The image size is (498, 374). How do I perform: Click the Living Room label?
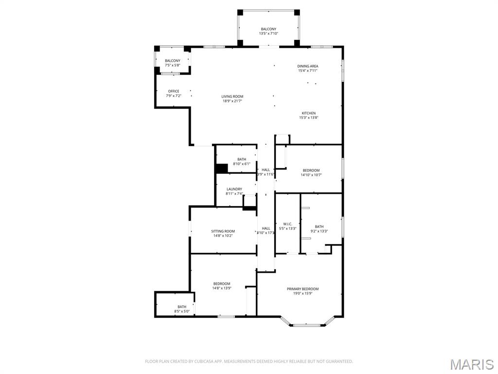pyautogui.click(x=232, y=96)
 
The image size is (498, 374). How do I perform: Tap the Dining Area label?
pyautogui.click(x=308, y=66)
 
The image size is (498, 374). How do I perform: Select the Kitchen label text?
pyautogui.click(x=308, y=113)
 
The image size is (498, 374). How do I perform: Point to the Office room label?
pyautogui.click(x=174, y=91)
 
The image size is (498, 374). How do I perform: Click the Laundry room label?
pyautogui.click(x=234, y=189)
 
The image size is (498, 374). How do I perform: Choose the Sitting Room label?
pyautogui.click(x=223, y=231)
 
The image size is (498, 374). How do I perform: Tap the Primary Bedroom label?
pyautogui.click(x=302, y=289)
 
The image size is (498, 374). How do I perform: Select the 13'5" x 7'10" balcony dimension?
pyautogui.click(x=268, y=34)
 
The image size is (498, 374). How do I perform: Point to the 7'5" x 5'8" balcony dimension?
pyautogui.click(x=172, y=65)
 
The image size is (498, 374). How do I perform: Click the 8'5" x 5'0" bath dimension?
pyautogui.click(x=181, y=311)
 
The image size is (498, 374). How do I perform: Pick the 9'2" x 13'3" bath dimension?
pyautogui.click(x=319, y=231)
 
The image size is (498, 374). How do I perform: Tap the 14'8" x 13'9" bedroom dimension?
pyautogui.click(x=222, y=288)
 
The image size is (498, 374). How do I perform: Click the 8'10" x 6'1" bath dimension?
pyautogui.click(x=242, y=164)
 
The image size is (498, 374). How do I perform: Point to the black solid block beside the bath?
pyautogui.click(x=222, y=168)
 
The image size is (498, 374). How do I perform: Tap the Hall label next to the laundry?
pyautogui.click(x=266, y=170)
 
